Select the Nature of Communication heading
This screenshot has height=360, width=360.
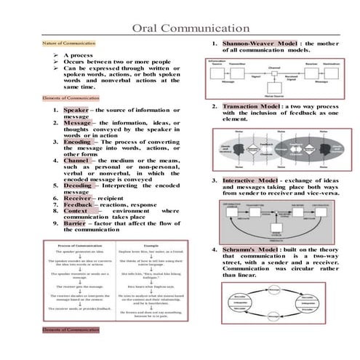tap(65, 44)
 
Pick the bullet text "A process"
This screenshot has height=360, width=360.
tap(82, 55)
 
